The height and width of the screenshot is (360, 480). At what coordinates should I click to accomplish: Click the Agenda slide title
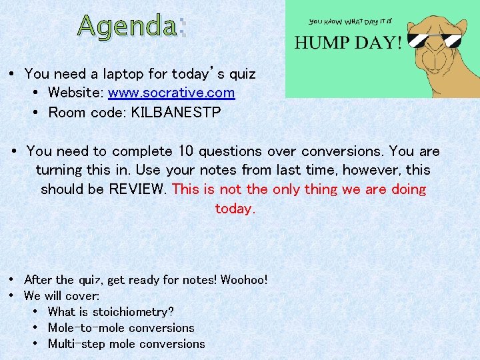tap(132, 26)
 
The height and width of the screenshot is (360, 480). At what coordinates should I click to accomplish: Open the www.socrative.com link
tap(171, 93)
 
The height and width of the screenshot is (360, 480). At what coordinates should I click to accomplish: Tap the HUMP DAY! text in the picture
tap(348, 43)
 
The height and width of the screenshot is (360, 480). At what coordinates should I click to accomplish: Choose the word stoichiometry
tap(133, 311)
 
